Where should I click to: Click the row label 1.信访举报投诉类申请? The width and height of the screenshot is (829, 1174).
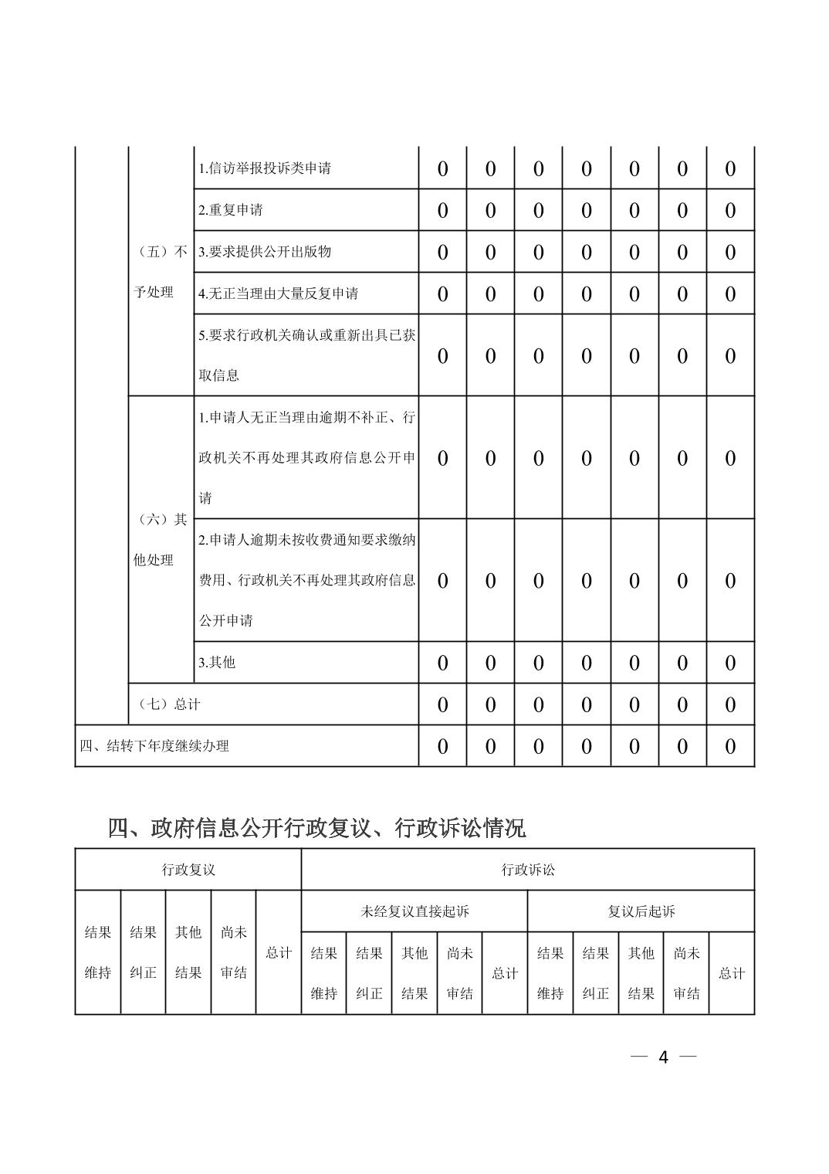pyautogui.click(x=265, y=168)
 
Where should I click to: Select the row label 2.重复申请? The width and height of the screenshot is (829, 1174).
pyautogui.click(x=231, y=210)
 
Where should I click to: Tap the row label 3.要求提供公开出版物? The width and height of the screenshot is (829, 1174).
pyautogui.click(x=265, y=252)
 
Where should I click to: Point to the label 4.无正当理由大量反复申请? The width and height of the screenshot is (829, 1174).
pyautogui.click(x=279, y=293)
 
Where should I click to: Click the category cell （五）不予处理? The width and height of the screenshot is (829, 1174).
pyautogui.click(x=160, y=272)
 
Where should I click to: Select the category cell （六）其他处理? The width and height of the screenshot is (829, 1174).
pyautogui.click(x=160, y=540)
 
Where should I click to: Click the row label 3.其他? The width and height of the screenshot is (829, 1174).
pyautogui.click(x=217, y=663)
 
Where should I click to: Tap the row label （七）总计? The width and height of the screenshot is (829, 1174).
pyautogui.click(x=168, y=704)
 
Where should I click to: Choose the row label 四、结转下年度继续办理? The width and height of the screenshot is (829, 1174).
pyautogui.click(x=155, y=746)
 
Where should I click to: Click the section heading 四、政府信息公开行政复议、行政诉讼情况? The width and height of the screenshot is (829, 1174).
pyautogui.click(x=316, y=828)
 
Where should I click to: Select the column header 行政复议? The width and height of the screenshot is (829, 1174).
pyautogui.click(x=188, y=870)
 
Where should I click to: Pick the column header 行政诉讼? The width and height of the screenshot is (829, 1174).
pyautogui.click(x=528, y=870)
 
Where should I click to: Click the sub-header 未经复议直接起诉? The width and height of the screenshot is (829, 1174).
pyautogui.click(x=414, y=911)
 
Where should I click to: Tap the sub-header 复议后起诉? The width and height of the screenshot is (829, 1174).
pyautogui.click(x=641, y=911)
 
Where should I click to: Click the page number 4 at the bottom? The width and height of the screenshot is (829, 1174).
pyautogui.click(x=663, y=1057)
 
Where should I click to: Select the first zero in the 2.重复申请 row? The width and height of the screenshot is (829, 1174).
pyautogui.click(x=442, y=210)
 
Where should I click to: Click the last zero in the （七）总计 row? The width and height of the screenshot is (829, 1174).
pyautogui.click(x=730, y=704)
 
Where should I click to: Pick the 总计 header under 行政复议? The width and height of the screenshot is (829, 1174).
pyautogui.click(x=279, y=952)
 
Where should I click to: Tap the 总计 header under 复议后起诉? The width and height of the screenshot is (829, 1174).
pyautogui.click(x=731, y=973)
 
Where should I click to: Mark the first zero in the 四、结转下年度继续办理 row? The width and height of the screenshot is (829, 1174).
pyautogui.click(x=442, y=746)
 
